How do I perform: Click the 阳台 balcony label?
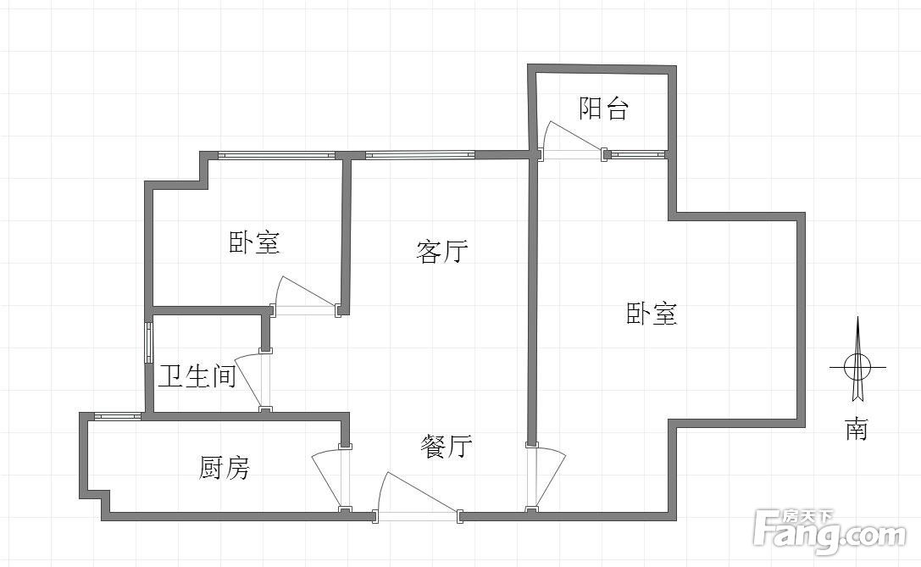604,108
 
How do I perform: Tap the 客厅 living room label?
442,252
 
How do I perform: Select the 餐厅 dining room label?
447,447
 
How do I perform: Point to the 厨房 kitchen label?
225,468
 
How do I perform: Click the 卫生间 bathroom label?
198,376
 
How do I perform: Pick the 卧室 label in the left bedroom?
254,242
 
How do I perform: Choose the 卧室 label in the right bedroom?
652,314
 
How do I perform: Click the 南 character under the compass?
857,430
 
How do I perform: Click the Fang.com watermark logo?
829,531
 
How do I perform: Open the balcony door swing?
574,141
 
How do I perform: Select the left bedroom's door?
306,296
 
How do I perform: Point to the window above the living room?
420,155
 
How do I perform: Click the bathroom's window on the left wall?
149,349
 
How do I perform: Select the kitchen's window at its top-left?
118,417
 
